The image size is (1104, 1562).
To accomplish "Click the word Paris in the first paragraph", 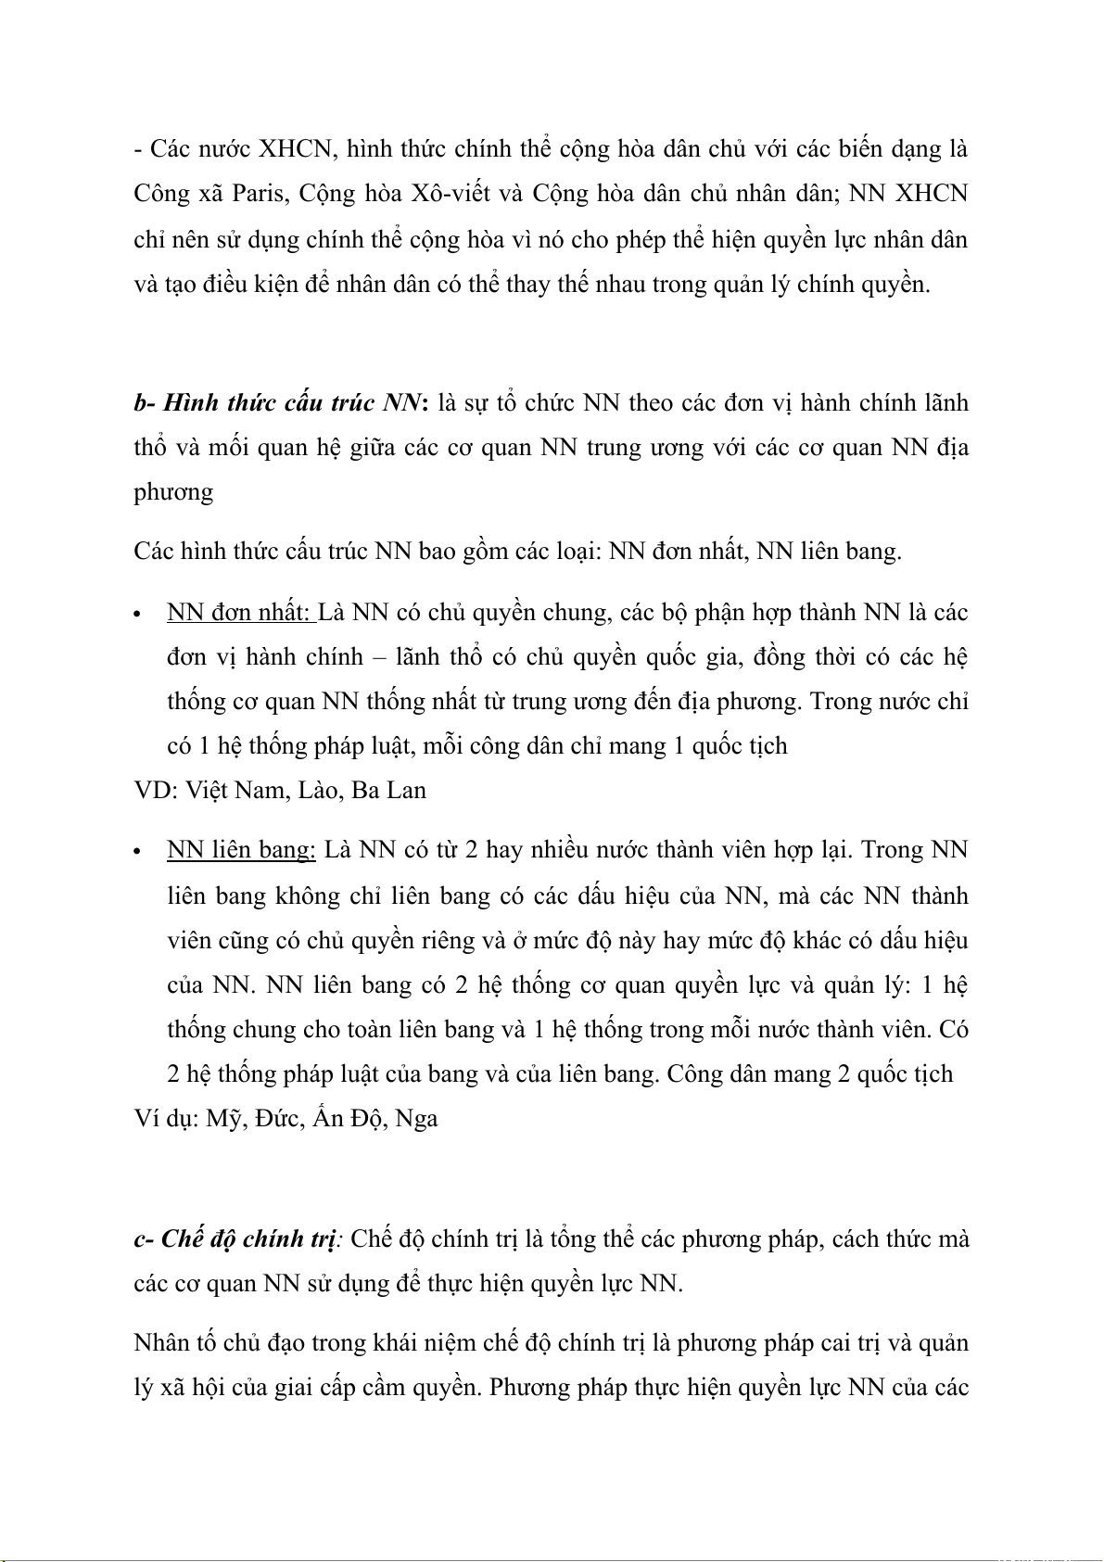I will click(x=259, y=194).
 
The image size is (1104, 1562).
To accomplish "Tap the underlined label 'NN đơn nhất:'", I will click(x=240, y=613).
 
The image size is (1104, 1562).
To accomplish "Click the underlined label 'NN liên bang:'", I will click(x=241, y=850).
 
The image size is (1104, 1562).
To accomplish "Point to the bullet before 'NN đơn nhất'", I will click(x=137, y=615).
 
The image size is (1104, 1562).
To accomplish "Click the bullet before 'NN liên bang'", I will click(x=137, y=852).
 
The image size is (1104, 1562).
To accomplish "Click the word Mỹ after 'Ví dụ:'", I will click(x=222, y=1119).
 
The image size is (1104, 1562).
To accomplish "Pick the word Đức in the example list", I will click(x=276, y=1119).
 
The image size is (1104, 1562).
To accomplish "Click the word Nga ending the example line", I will click(x=416, y=1119).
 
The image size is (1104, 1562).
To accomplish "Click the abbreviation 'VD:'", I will click(x=155, y=791).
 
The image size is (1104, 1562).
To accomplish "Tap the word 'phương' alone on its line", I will click(x=173, y=492).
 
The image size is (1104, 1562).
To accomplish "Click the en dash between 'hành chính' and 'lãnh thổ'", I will click(x=378, y=657).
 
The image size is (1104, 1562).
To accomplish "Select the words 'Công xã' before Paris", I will click(x=175, y=194).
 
